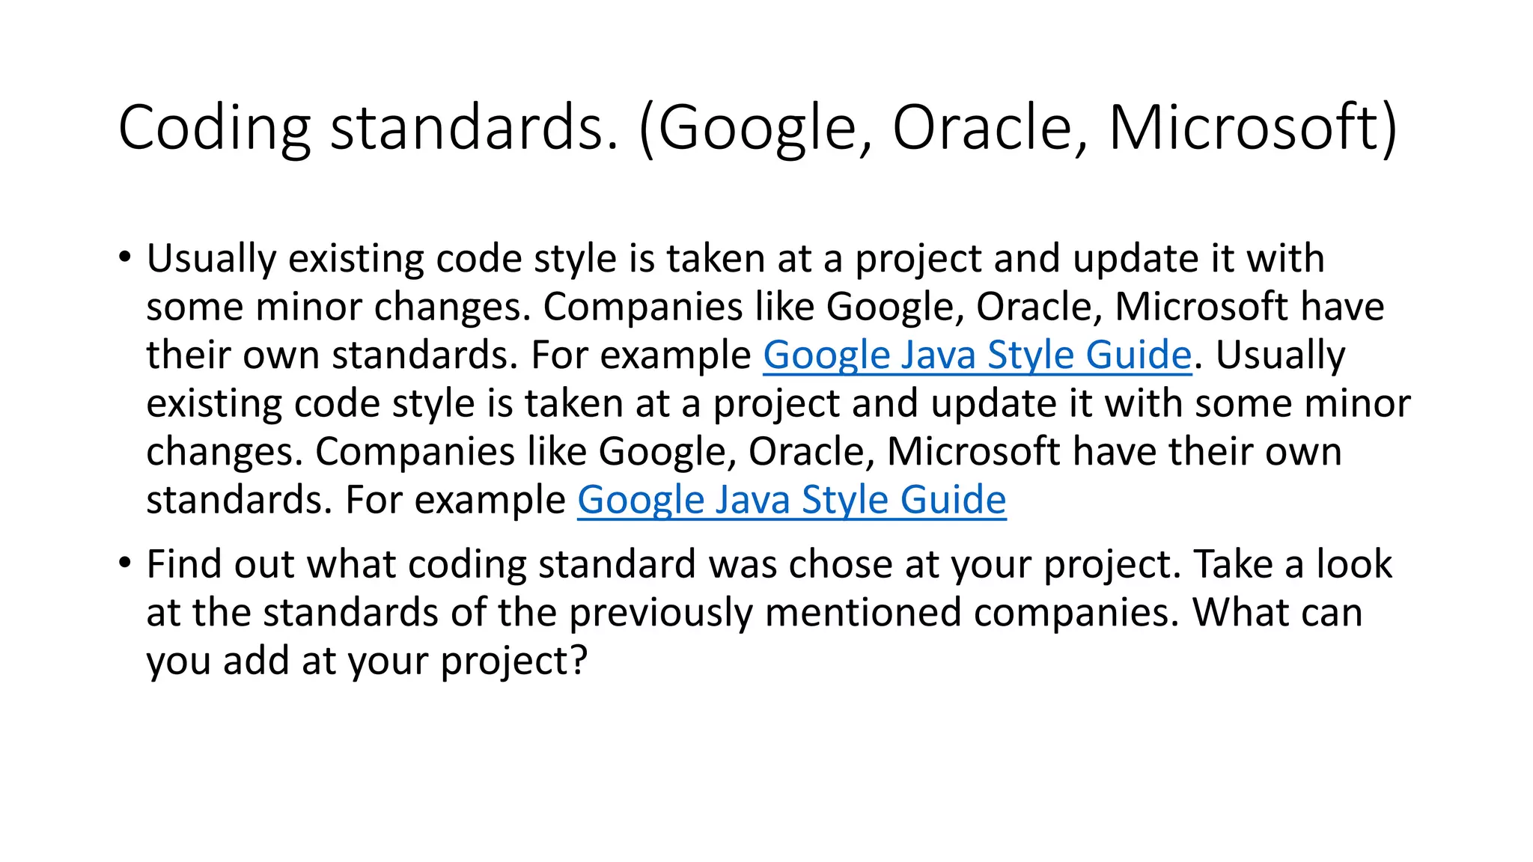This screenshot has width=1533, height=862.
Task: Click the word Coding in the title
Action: [x=214, y=129]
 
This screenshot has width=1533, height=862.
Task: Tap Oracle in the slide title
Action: [x=983, y=129]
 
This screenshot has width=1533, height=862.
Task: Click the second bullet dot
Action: [x=124, y=563]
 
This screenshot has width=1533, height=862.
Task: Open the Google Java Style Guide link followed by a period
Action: [x=977, y=355]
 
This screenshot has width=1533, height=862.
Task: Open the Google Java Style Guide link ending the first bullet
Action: [x=791, y=500]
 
